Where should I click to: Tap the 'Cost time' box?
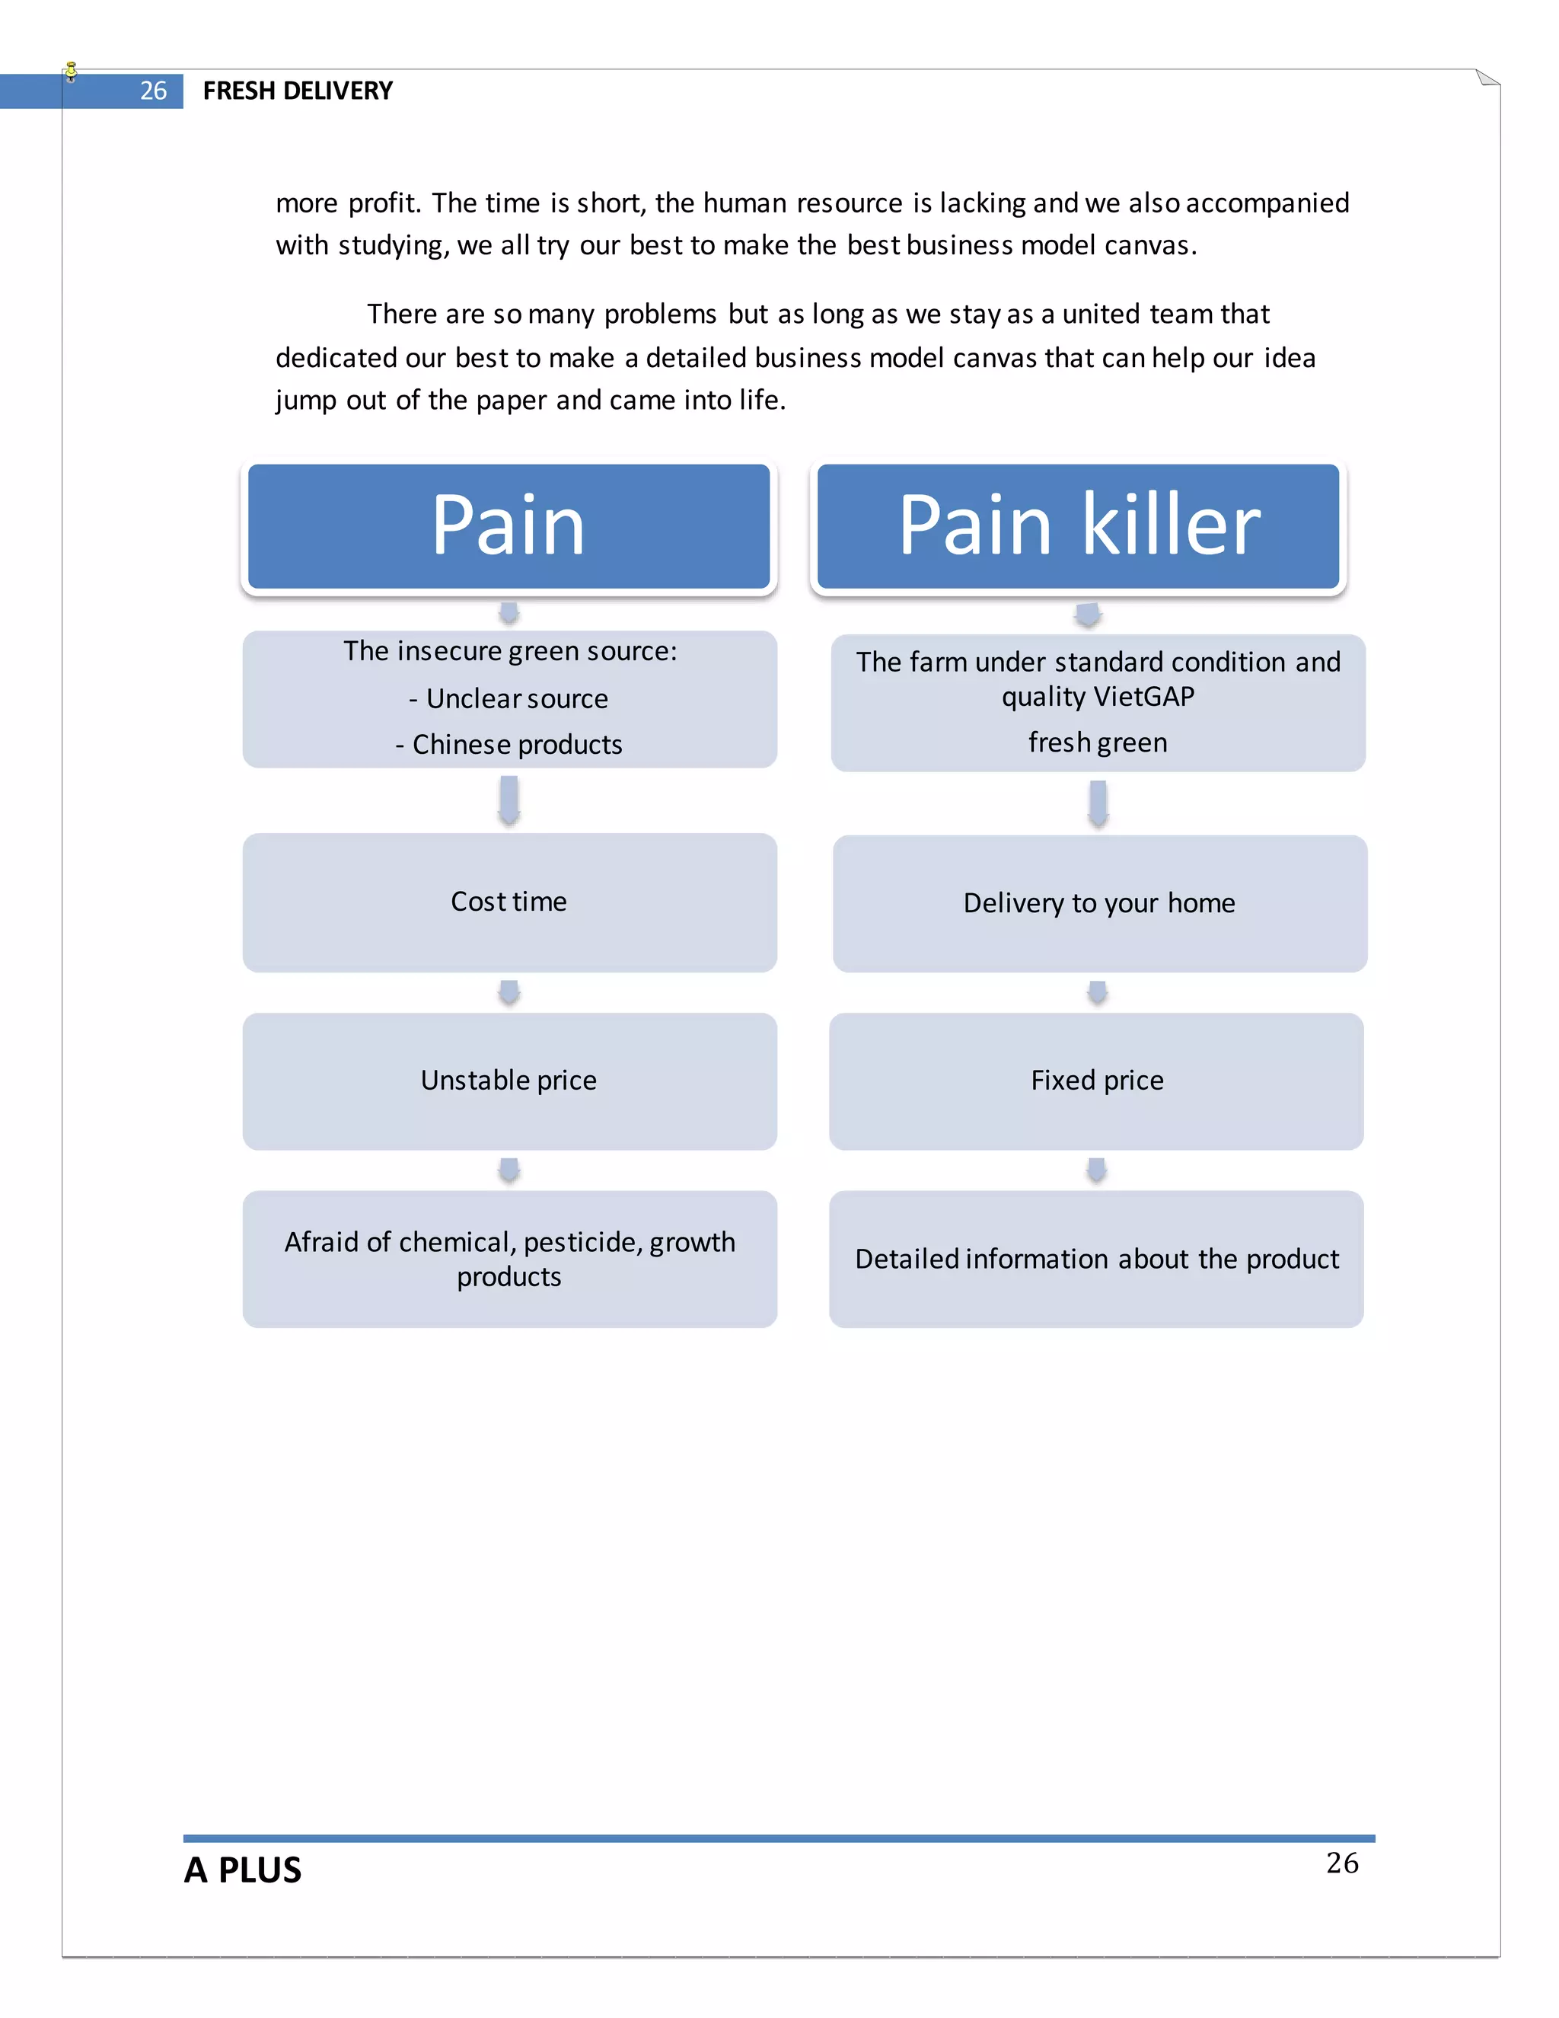click(x=509, y=902)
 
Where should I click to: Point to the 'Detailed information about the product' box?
click(x=1096, y=1259)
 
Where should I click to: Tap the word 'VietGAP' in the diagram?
click(x=1143, y=697)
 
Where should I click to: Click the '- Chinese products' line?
click(x=509, y=745)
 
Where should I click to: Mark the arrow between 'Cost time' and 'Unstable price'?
click(x=509, y=992)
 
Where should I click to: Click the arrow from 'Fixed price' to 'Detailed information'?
click(x=1096, y=1170)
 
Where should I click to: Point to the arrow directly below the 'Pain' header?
click(x=509, y=612)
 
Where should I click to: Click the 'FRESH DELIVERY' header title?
click(x=298, y=91)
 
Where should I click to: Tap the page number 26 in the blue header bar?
click(x=153, y=91)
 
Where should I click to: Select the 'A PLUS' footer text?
click(x=243, y=1870)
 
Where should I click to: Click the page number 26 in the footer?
click(x=1342, y=1863)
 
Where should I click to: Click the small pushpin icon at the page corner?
click(x=71, y=71)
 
